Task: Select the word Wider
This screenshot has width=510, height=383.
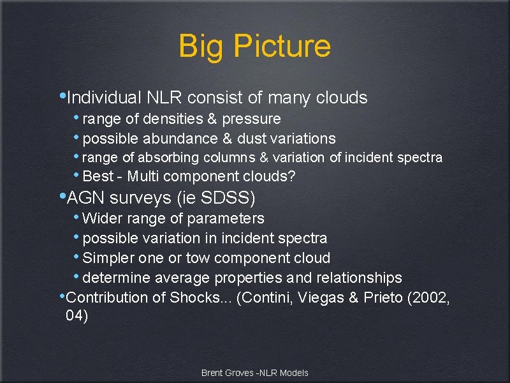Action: pos(101,218)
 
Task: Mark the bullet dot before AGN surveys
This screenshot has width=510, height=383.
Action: pos(61,195)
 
